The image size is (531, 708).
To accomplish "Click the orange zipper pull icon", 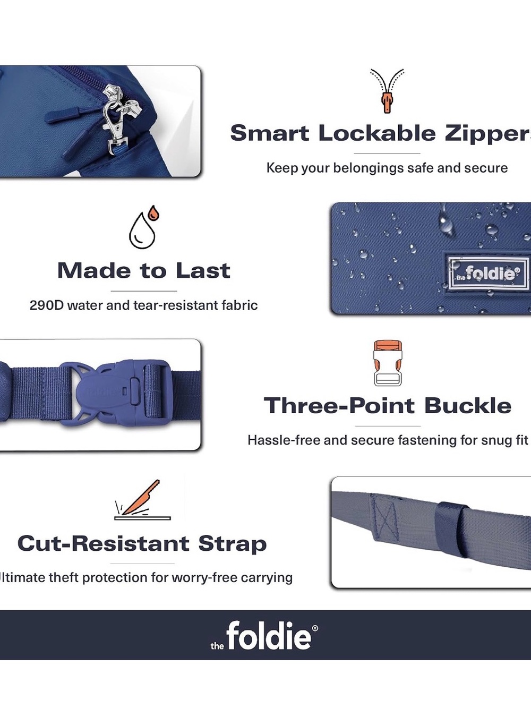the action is (x=387, y=91).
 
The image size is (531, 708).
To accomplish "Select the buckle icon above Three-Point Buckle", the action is (x=388, y=363).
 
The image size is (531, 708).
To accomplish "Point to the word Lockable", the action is (x=377, y=133).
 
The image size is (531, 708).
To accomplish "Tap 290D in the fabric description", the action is (x=47, y=305).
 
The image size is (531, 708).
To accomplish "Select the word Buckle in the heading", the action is (x=468, y=405).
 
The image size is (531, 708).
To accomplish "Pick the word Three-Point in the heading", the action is (x=339, y=405).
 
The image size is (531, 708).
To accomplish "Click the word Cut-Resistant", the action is (x=103, y=543).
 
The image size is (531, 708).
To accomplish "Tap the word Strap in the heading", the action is (x=233, y=544).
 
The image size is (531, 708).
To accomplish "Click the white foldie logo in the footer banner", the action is (x=264, y=635).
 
